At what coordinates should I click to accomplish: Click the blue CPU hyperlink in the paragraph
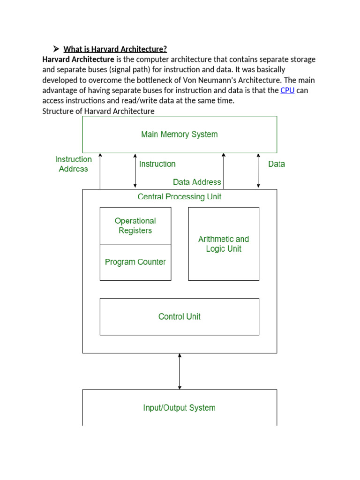point(287,90)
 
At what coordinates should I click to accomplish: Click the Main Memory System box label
point(179,135)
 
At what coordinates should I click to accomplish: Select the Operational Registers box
point(135,225)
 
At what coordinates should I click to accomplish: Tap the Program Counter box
point(135,262)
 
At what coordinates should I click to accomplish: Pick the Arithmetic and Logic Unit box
point(224,244)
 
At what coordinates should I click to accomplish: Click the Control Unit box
point(180,316)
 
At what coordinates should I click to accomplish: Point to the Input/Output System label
point(179,408)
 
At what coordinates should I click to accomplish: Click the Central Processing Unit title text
point(180,196)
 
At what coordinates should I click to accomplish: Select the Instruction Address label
point(74,164)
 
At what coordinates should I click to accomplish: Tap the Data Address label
point(197,182)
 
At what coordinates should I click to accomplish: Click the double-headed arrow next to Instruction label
point(135,171)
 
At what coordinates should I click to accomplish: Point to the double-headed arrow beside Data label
point(258,171)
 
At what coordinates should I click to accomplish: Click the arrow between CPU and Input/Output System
point(180,371)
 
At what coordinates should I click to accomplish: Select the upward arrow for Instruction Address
point(100,171)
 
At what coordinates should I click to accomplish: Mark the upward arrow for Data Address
point(224,171)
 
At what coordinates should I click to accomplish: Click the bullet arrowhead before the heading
point(55,49)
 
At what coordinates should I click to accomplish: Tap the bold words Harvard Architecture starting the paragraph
point(78,60)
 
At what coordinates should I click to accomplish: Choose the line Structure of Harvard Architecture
point(98,111)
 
